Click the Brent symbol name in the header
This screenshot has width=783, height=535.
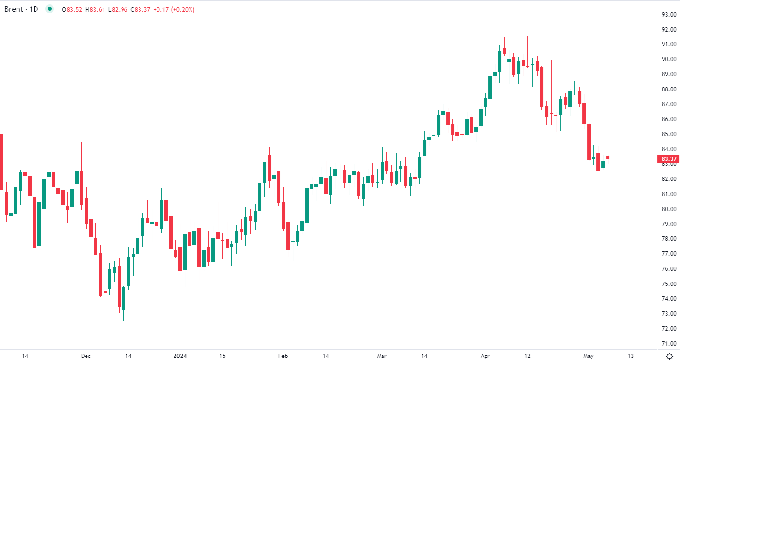14,9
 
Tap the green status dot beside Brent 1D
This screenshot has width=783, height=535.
50,9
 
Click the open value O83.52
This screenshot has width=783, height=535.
72,10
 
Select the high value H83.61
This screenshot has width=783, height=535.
95,10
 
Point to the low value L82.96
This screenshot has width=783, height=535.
117,10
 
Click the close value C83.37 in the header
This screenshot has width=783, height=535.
140,10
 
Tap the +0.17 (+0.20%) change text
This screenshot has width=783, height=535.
174,10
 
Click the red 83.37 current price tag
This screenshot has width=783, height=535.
669,159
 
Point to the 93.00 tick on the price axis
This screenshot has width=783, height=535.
669,15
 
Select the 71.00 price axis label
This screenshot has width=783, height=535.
669,344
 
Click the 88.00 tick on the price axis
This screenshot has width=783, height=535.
669,89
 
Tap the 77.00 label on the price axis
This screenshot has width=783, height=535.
669,254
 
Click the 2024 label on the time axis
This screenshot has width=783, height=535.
180,356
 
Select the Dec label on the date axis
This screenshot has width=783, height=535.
86,356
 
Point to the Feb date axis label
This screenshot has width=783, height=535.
283,356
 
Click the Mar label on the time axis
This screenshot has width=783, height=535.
382,356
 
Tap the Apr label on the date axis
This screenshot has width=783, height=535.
485,356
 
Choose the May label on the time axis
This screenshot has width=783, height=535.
588,356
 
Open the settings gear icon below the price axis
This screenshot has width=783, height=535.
669,357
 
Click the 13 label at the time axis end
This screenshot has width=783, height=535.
630,356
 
